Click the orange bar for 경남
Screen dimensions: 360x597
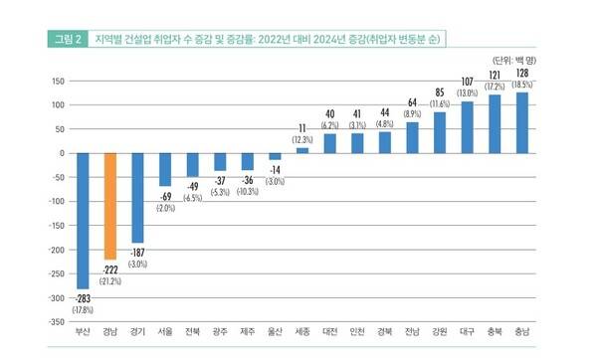(x=110, y=206)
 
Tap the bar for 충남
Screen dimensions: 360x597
(x=521, y=122)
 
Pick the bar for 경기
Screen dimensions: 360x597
(x=137, y=198)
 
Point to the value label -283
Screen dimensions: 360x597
(x=83, y=297)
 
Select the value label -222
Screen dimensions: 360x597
(x=110, y=269)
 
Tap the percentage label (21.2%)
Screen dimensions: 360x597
(x=110, y=280)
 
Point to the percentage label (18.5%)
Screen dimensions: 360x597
(x=521, y=87)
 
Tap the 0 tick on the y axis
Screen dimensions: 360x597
(x=60, y=153)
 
